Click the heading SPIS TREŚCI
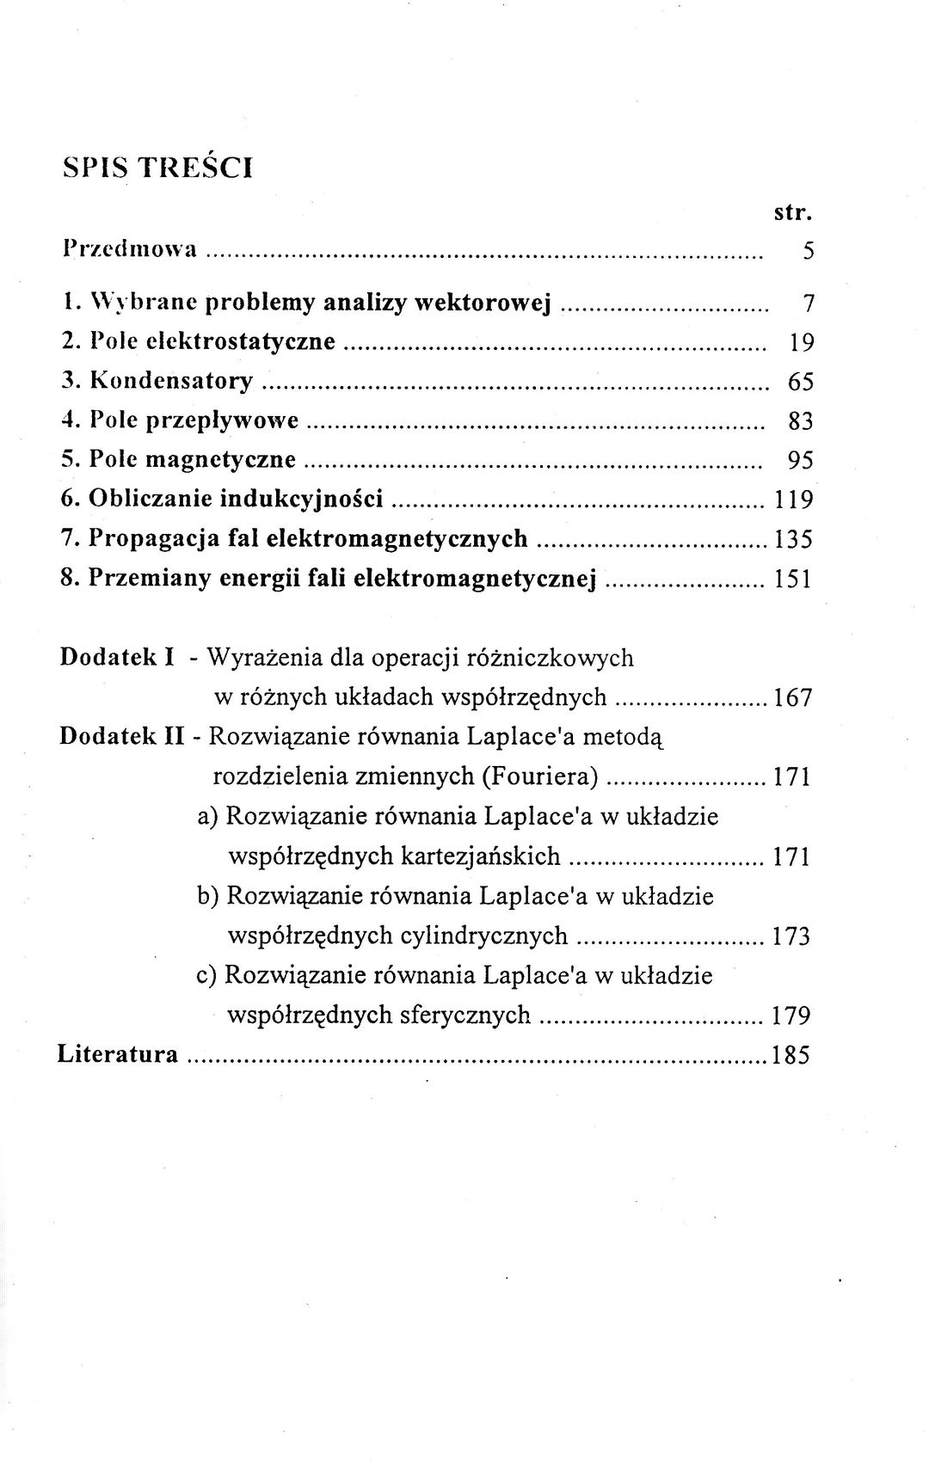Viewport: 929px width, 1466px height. [158, 167]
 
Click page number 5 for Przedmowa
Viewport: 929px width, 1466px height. [807, 251]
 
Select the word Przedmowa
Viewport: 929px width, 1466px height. [131, 249]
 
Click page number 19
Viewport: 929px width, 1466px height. [801, 342]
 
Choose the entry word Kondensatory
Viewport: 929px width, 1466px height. [171, 380]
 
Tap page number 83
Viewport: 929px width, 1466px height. [801, 420]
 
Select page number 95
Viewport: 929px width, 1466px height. [801, 460]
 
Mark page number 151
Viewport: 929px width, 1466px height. [793, 579]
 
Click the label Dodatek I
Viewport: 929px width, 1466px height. [118, 658]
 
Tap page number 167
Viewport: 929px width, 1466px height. [792, 697]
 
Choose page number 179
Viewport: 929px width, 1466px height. [791, 1015]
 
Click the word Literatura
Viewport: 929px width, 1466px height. [118, 1054]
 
